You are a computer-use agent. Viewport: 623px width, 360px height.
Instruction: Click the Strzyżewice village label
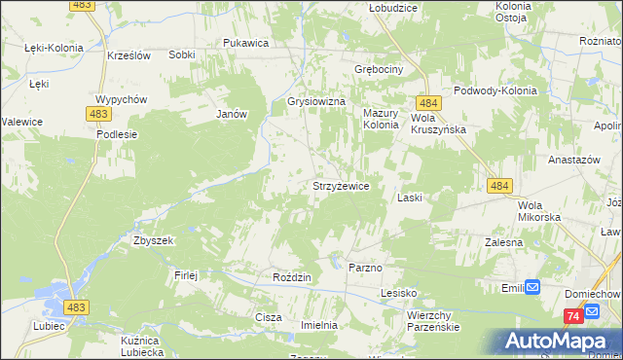click(x=339, y=185)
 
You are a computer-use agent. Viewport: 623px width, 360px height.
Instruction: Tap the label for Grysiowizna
click(x=316, y=100)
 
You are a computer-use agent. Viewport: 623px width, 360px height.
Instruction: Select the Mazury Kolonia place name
click(x=381, y=119)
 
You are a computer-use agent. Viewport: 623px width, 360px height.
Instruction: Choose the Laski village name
click(x=409, y=198)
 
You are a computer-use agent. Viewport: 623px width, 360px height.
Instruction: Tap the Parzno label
click(x=364, y=266)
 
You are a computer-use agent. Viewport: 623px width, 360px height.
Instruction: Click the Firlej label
click(x=186, y=274)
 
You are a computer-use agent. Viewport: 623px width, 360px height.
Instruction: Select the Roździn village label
click(x=291, y=277)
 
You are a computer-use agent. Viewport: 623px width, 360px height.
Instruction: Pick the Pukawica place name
click(x=245, y=43)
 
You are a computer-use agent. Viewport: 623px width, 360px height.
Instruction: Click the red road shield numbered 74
click(x=573, y=316)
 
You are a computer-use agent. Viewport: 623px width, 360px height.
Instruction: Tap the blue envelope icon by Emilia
click(x=532, y=286)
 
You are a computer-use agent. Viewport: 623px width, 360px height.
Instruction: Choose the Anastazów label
click(x=570, y=159)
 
